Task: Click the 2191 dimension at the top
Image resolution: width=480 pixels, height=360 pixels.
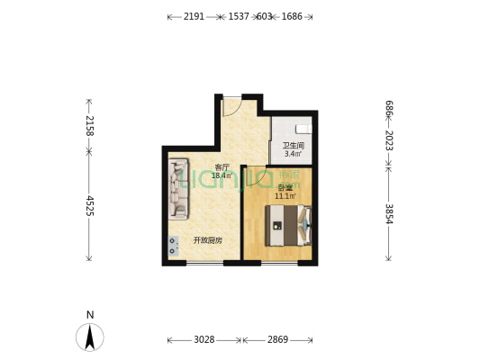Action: pyautogui.click(x=194, y=16)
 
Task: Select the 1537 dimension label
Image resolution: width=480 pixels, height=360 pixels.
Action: pyautogui.click(x=239, y=16)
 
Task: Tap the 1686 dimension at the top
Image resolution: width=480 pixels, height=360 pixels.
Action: pyautogui.click(x=292, y=16)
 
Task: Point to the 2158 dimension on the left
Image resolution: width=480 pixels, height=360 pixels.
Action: pyautogui.click(x=89, y=125)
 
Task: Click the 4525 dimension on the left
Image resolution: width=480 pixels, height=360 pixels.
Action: pyautogui.click(x=89, y=206)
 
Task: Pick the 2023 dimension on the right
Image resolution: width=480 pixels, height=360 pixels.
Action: pyautogui.click(x=388, y=140)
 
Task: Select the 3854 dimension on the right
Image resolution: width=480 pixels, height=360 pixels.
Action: pyautogui.click(x=388, y=213)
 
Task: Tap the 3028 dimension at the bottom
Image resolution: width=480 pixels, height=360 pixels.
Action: pyautogui.click(x=204, y=339)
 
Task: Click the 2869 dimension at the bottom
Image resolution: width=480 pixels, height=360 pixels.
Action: pyautogui.click(x=277, y=339)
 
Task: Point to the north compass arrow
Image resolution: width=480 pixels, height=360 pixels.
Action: pyautogui.click(x=89, y=337)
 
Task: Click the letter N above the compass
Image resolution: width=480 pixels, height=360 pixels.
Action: pyautogui.click(x=89, y=314)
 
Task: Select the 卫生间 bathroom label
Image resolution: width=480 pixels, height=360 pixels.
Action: pyautogui.click(x=294, y=146)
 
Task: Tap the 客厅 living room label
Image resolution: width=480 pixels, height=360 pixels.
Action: pyautogui.click(x=222, y=167)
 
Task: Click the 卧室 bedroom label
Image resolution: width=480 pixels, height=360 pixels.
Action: pyautogui.click(x=285, y=187)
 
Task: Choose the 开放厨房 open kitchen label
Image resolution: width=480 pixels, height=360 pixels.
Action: pyautogui.click(x=207, y=240)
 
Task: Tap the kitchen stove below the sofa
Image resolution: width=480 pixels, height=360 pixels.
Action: pyautogui.click(x=172, y=246)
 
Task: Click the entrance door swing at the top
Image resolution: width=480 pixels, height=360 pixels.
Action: pyautogui.click(x=231, y=105)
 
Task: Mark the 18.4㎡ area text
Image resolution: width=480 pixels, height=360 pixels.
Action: pyautogui.click(x=222, y=176)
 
